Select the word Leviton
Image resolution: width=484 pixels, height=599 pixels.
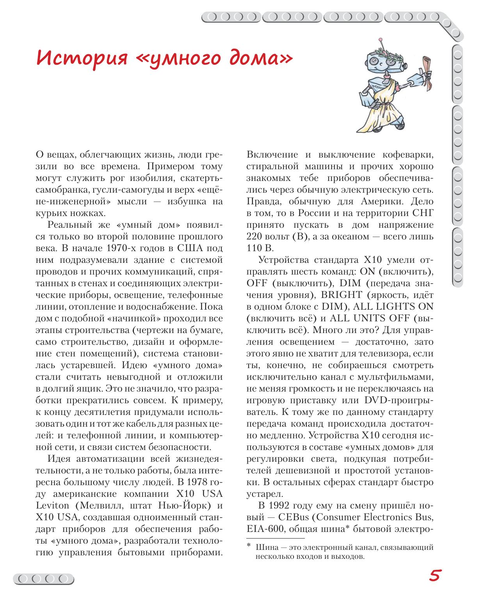pyautogui.click(x=52, y=506)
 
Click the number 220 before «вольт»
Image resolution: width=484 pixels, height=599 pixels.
pyautogui.click(x=254, y=237)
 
